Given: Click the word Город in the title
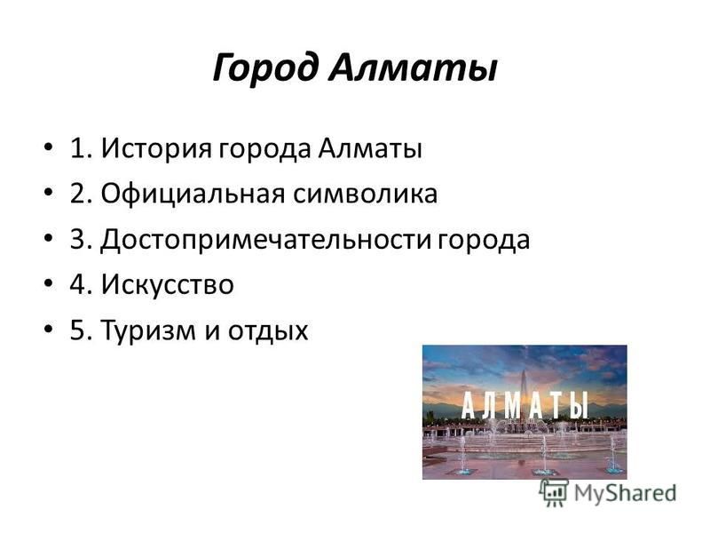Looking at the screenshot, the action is coord(264,68).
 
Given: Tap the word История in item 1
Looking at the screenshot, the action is coord(156,148).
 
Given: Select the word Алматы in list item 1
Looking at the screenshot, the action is coord(370,148).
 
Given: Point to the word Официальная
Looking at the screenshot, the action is coord(193,194).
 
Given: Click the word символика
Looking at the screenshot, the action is coord(365,194).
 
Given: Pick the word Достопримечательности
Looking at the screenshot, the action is coord(265,239).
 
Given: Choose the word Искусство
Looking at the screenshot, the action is coord(167,284).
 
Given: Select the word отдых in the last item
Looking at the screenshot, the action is coord(268,330).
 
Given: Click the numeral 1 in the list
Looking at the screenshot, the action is coord(78,148).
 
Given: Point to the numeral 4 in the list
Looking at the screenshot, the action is coord(78,284).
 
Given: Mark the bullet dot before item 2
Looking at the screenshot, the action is coord(49,192).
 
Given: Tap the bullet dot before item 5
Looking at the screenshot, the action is coord(49,328).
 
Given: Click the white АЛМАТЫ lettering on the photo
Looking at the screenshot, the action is coord(525,404).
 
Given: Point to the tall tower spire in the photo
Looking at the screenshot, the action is coord(525,390).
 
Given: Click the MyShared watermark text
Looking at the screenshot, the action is coord(625,493).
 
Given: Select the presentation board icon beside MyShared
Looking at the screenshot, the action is coord(554,491).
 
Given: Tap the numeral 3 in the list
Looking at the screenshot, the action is coord(78,239).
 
